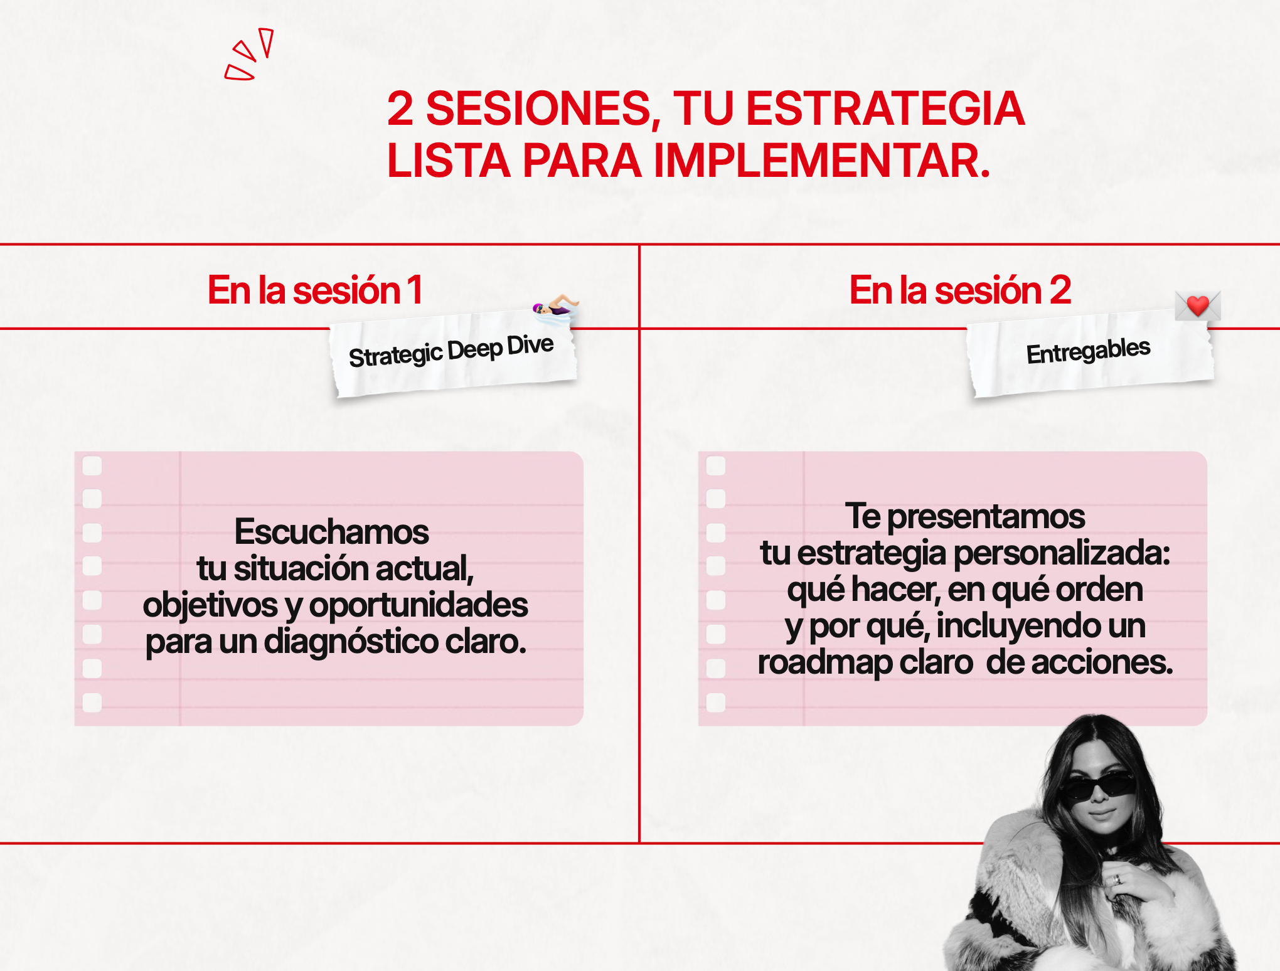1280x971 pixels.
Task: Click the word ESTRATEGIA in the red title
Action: point(885,109)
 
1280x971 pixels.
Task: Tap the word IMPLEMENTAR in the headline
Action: point(822,161)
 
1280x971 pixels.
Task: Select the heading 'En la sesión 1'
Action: point(315,290)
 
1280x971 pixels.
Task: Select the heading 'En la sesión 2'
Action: point(960,290)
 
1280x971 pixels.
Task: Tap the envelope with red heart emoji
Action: point(1198,305)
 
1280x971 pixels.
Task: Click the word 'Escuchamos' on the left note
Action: point(331,532)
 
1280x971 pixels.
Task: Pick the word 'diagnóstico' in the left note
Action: point(351,642)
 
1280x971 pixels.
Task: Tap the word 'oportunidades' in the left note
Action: point(419,605)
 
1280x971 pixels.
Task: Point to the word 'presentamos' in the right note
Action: point(986,517)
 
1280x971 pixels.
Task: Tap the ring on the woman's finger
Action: point(1117,879)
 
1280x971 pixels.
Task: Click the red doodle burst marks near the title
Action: point(249,54)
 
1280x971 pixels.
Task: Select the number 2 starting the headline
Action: point(400,109)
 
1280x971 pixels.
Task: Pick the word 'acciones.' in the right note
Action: point(1079,662)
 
